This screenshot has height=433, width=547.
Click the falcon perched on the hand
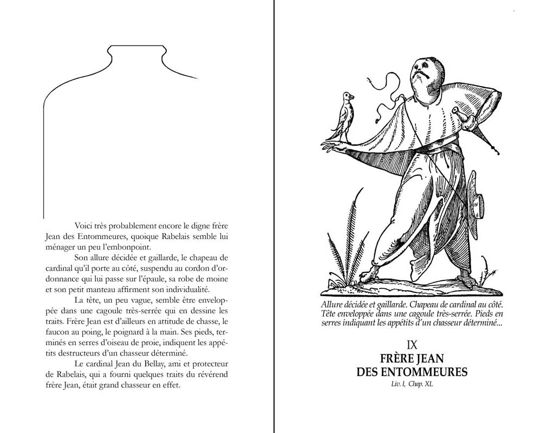tap(344, 116)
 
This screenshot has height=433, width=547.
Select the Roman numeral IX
tap(412, 344)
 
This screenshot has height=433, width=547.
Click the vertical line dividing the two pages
tap(274, 216)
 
